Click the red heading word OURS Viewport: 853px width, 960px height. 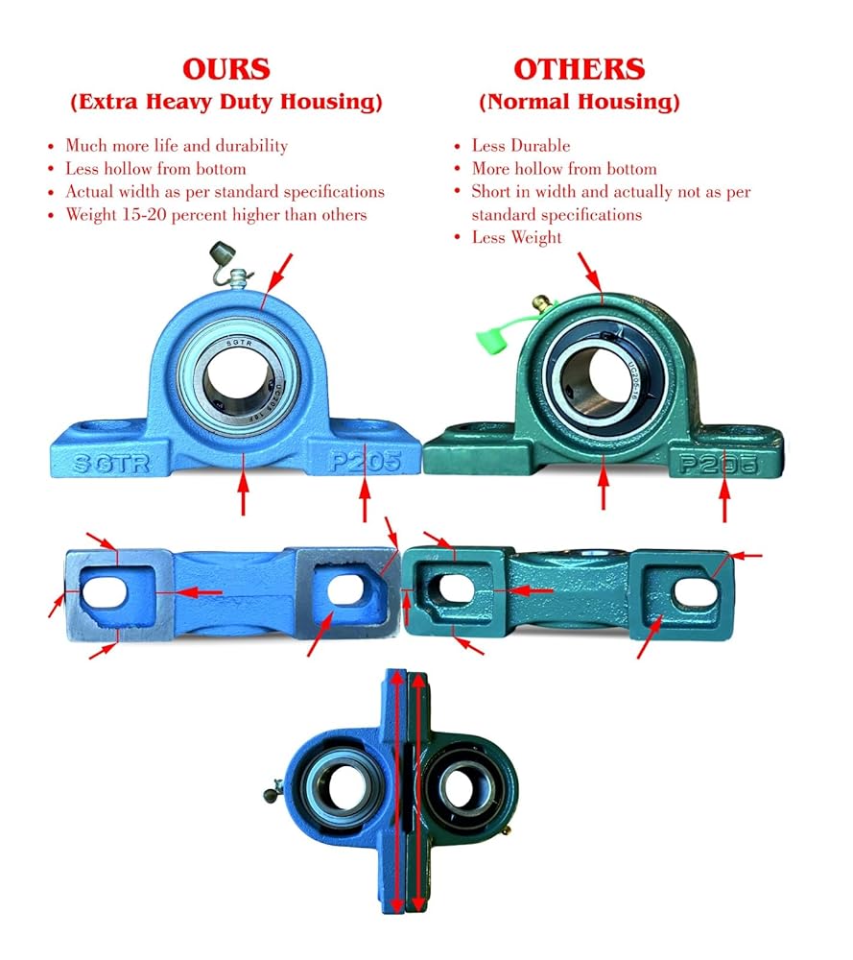coord(225,69)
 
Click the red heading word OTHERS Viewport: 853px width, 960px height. coord(579,69)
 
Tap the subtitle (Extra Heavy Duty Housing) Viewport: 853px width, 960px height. coord(225,102)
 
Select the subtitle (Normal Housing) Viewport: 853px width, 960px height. coord(579,102)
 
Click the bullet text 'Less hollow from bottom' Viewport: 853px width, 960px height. coord(155,169)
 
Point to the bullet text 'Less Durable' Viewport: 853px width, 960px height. coord(520,146)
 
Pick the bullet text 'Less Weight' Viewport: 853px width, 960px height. coord(516,237)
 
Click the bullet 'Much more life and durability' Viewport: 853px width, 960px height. coord(176,146)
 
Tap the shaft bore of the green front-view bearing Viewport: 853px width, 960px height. coord(600,377)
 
